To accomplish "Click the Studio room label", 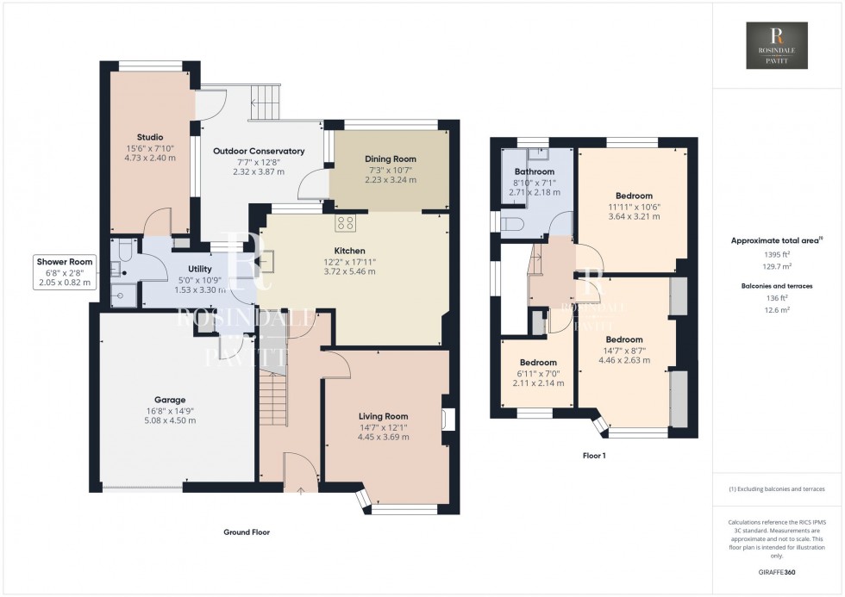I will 149,137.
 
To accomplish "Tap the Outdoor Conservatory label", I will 259,151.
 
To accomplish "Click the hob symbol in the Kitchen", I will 346,222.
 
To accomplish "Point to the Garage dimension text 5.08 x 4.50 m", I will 171,420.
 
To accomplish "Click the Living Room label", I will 383,416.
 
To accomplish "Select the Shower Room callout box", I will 64,271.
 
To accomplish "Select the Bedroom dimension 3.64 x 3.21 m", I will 634,216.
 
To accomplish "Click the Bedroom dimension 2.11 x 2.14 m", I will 538,382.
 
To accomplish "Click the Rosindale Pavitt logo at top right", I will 777,46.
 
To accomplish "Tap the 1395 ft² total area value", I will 777,256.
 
